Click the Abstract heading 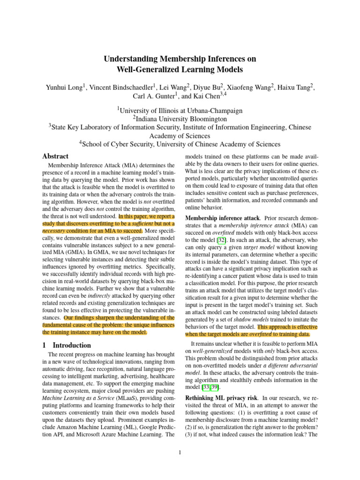click(55, 156)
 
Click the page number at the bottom click(180, 452)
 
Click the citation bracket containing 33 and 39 click(195, 387)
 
